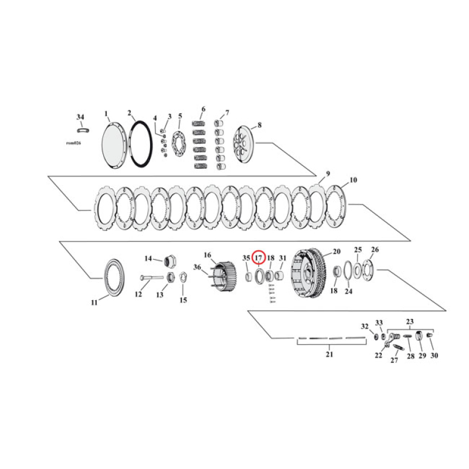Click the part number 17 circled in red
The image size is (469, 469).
pyautogui.click(x=259, y=257)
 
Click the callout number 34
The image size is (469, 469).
pyautogui.click(x=80, y=117)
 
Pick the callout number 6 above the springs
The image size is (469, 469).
pyautogui.click(x=203, y=110)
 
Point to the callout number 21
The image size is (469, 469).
pyautogui.click(x=329, y=355)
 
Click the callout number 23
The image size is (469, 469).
pyautogui.click(x=410, y=321)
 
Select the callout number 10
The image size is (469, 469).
pyautogui.click(x=352, y=180)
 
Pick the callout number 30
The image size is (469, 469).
pyautogui.click(x=434, y=355)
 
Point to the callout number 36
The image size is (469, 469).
pyautogui.click(x=197, y=268)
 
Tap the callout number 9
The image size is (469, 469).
pyautogui.click(x=328, y=174)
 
